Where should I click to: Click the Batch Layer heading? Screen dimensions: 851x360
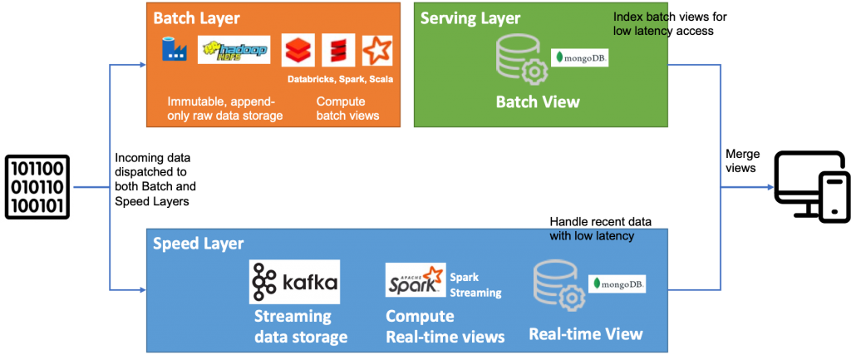196,18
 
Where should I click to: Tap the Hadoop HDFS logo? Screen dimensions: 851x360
234,50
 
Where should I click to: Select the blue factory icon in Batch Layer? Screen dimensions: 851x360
175,49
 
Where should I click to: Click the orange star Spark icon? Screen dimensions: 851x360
376,51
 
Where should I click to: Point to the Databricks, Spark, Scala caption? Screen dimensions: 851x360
340,79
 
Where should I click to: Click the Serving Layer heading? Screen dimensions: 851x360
470,18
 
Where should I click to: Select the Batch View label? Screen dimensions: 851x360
538,101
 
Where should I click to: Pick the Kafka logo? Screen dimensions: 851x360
294,282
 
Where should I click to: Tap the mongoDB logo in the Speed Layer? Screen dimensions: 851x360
617,284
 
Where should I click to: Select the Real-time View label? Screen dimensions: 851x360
586,333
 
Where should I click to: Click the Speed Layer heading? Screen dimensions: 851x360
198,244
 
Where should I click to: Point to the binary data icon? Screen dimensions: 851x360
37,187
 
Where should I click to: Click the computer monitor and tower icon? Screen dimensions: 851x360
811,187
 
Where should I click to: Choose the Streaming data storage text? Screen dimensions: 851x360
301,327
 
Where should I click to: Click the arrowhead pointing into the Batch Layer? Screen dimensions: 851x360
143,65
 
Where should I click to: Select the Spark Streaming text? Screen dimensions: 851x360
475,285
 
